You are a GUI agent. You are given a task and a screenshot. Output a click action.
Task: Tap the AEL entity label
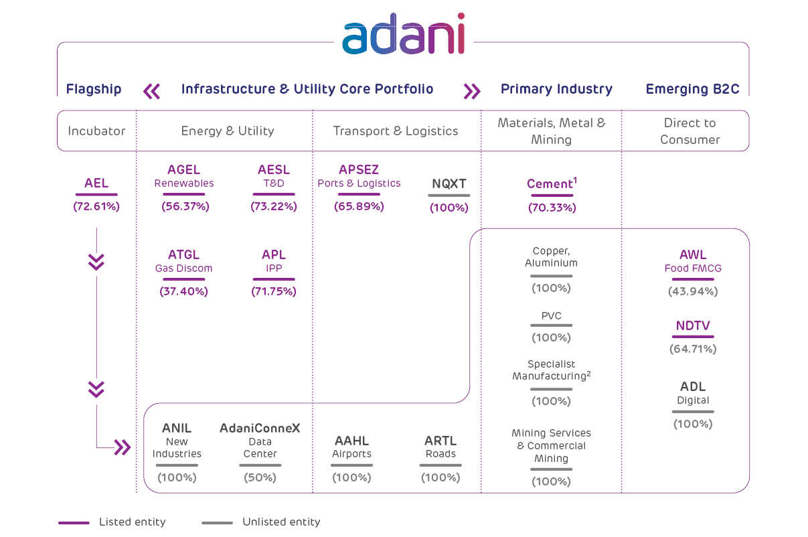click(96, 183)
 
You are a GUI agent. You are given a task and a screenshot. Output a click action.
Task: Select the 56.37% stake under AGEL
click(185, 206)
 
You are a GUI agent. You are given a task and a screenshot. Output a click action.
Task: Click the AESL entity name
click(274, 170)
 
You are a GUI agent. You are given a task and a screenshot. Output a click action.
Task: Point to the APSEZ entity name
click(359, 170)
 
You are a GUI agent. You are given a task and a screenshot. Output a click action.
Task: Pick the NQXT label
click(449, 183)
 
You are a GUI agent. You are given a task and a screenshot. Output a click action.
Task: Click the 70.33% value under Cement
click(552, 208)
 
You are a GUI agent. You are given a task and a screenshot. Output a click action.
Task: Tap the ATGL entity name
click(183, 255)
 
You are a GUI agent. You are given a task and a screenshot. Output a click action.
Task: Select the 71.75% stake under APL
click(274, 291)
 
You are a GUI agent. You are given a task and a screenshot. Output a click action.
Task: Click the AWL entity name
click(693, 255)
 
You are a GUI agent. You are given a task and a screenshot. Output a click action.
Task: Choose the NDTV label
click(693, 326)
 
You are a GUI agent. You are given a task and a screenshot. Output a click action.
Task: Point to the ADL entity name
click(693, 387)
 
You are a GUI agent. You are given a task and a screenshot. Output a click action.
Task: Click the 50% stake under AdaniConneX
click(260, 477)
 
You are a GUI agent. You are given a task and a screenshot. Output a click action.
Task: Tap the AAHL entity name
click(351, 441)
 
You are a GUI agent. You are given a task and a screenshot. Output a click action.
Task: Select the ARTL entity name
click(440, 441)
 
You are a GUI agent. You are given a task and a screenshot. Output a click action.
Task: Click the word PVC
click(552, 316)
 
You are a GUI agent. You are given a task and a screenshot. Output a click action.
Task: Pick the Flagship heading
click(94, 89)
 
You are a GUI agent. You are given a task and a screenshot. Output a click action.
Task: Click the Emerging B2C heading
click(692, 89)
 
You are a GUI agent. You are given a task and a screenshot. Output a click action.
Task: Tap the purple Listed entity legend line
click(74, 522)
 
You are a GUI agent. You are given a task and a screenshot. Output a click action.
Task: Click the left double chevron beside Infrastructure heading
click(152, 91)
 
